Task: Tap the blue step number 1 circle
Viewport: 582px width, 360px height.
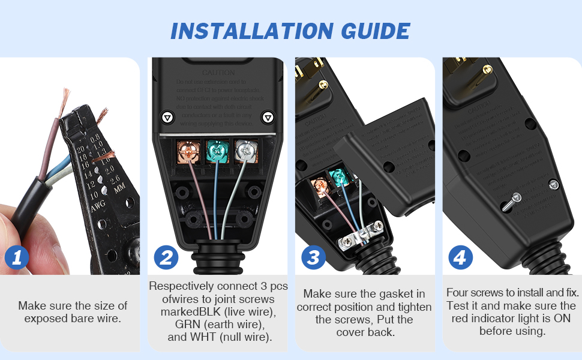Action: pos(17,258)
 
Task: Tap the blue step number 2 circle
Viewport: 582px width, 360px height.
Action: pos(165,258)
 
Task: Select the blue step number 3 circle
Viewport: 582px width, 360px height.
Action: pos(313,258)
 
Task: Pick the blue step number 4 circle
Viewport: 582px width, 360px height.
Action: pos(460,258)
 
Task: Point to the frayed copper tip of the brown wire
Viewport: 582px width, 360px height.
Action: pos(63,96)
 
